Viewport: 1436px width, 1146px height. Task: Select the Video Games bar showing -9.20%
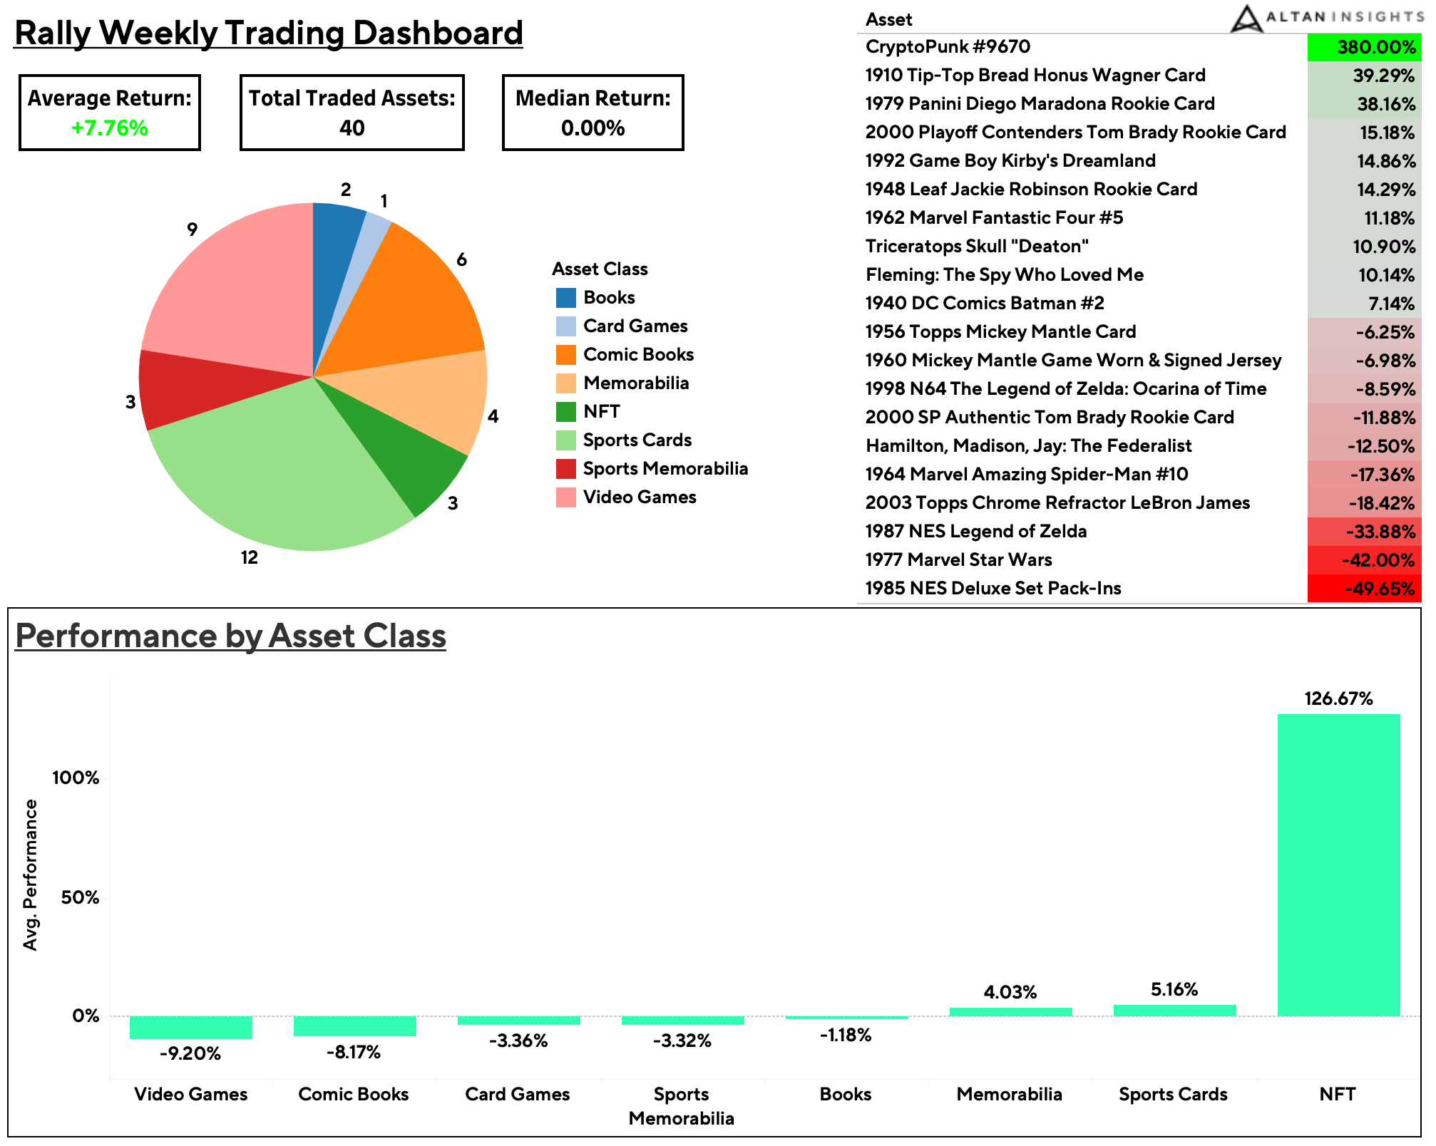tap(190, 1027)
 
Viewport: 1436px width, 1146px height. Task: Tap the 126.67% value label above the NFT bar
tap(1338, 698)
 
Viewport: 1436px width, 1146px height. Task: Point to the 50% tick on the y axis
tap(80, 897)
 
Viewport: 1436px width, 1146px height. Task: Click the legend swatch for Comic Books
tap(565, 355)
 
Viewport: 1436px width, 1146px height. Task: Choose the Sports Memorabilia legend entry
tap(665, 469)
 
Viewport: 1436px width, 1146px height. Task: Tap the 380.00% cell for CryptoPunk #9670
tap(1363, 47)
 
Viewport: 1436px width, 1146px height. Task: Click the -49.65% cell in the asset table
tap(1363, 589)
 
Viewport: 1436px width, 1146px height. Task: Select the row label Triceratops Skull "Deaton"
tap(977, 247)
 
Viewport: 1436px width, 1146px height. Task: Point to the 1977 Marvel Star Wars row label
tap(958, 560)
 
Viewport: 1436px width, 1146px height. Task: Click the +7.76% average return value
tap(110, 128)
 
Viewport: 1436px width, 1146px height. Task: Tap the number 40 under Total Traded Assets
tap(352, 128)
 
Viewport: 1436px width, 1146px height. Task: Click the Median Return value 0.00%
tap(593, 128)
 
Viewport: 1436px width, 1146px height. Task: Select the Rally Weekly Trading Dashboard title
tap(269, 33)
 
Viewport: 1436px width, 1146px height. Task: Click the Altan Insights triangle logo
tap(1246, 19)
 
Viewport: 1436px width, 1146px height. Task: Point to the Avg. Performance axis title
tap(30, 874)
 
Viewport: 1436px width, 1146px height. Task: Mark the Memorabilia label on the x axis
tap(1009, 1094)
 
